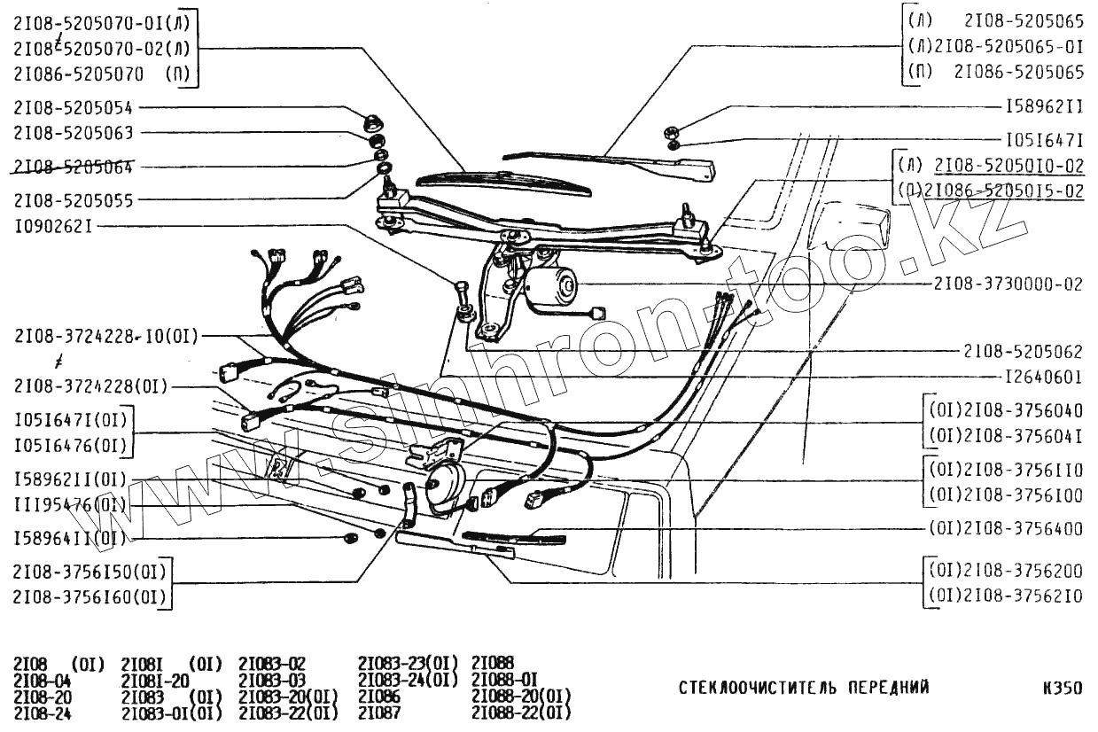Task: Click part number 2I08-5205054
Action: (73, 108)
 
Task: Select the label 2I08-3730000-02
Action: (1008, 285)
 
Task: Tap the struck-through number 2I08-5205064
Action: (73, 167)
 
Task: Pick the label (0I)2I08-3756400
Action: (1007, 529)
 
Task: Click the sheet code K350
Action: (1063, 687)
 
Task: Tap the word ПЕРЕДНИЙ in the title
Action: (887, 687)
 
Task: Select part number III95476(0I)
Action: (68, 505)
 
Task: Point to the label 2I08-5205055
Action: (73, 201)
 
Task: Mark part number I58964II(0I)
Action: (69, 538)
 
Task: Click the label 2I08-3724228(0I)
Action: (90, 385)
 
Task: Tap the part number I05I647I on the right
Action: (1044, 140)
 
